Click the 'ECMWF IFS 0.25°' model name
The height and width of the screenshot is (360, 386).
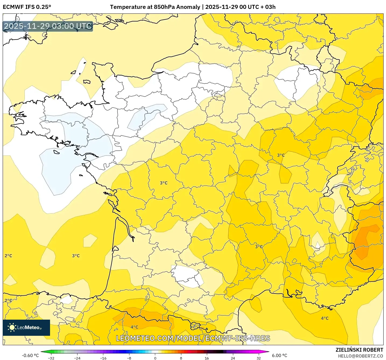[27, 7]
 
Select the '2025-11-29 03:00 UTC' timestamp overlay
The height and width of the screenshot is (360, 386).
[48, 26]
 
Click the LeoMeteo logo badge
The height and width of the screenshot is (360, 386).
[26, 327]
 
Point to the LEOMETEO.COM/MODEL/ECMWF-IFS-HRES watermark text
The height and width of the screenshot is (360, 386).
[193, 338]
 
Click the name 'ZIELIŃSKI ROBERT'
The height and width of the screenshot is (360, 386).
[359, 350]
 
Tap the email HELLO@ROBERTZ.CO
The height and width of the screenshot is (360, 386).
[360, 356]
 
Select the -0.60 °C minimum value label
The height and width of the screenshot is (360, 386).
[30, 355]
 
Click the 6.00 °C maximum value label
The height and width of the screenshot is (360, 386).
[279, 355]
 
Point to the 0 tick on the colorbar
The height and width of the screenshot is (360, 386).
[155, 358]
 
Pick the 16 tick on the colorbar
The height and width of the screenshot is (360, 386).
[207, 358]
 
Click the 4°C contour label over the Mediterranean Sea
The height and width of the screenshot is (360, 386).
[325, 318]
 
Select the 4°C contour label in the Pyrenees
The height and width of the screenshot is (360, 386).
[134, 327]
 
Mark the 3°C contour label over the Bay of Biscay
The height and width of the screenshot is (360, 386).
[76, 256]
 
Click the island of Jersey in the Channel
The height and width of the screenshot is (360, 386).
[87, 82]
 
